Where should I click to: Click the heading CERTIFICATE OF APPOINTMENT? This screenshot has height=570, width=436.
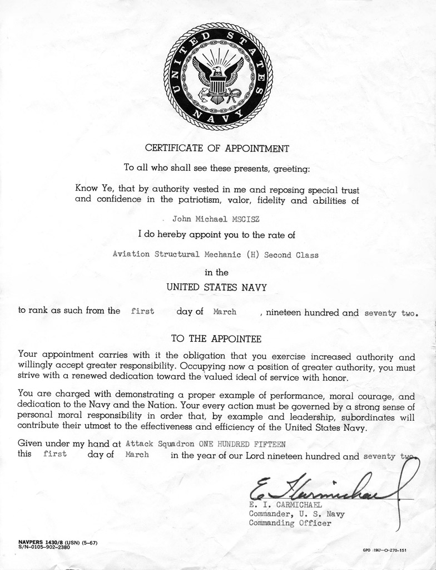217,149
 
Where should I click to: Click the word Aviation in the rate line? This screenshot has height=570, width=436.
132,254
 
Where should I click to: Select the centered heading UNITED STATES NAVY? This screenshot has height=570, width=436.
217,288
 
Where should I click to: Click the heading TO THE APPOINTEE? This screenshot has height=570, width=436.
216,338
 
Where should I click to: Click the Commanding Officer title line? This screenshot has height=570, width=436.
290,523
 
